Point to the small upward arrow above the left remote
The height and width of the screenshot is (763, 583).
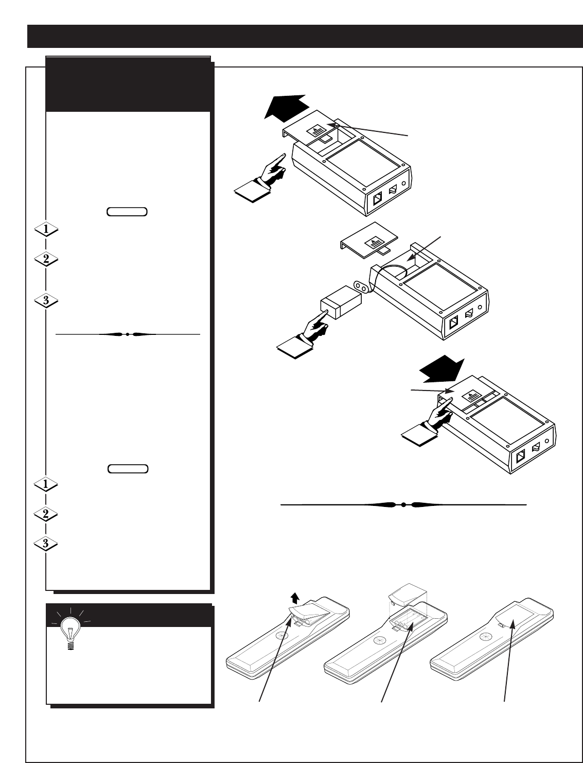[x=294, y=597]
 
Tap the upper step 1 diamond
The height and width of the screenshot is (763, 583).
[x=46, y=230]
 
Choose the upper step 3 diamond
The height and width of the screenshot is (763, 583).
[x=46, y=301]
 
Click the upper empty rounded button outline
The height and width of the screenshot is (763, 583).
[x=127, y=211]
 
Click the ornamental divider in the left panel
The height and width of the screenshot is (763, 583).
[x=127, y=334]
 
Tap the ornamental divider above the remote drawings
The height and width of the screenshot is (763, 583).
[x=403, y=505]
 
